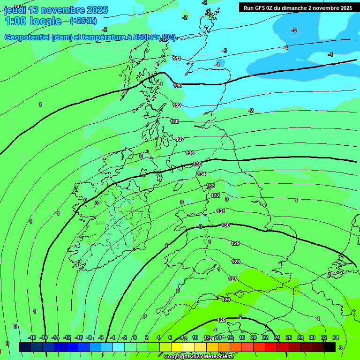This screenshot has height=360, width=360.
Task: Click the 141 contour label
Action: pyautogui.click(x=177, y=58)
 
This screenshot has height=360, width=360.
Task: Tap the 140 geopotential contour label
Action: pyautogui.click(x=178, y=85)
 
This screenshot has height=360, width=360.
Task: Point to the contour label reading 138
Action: pyautogui.click(x=174, y=121)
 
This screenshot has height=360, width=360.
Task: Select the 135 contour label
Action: pyautogui.click(x=197, y=164)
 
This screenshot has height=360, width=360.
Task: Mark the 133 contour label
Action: pyautogui.click(x=211, y=186)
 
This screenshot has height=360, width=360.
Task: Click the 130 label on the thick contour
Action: pyautogui.click(x=225, y=225)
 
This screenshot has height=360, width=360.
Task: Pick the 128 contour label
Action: pyautogui.click(x=236, y=262)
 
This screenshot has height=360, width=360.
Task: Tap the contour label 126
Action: pyautogui.click(x=226, y=299)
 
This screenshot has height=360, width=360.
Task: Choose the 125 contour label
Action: pyautogui.click(x=222, y=320)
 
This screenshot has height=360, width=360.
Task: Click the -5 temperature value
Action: pyautogui.click(x=294, y=30)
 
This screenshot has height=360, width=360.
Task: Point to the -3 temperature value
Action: pyautogui.click(x=225, y=50)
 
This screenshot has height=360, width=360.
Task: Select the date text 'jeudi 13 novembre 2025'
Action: pyautogui.click(x=56, y=10)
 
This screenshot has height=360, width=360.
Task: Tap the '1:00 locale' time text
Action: pyautogui.click(x=33, y=21)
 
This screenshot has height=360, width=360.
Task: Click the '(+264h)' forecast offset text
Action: pyautogui.click(x=83, y=21)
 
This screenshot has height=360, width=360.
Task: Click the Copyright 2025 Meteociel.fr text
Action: pyautogui.click(x=199, y=357)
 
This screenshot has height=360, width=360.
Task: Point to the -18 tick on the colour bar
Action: pyautogui.click(x=32, y=337)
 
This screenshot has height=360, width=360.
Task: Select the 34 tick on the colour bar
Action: pyautogui.click(x=336, y=337)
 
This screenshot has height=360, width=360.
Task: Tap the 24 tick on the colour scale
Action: pyautogui.click(x=277, y=337)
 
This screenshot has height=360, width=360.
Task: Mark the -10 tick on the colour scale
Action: pyautogui.click(x=79, y=337)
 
